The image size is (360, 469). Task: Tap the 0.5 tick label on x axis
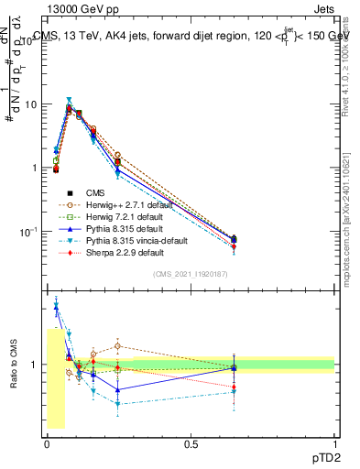pyautogui.click(x=191, y=444)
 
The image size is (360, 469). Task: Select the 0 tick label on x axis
pyautogui.click(x=47, y=444)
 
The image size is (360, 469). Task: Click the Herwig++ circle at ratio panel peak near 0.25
pyautogui.click(x=118, y=346)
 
